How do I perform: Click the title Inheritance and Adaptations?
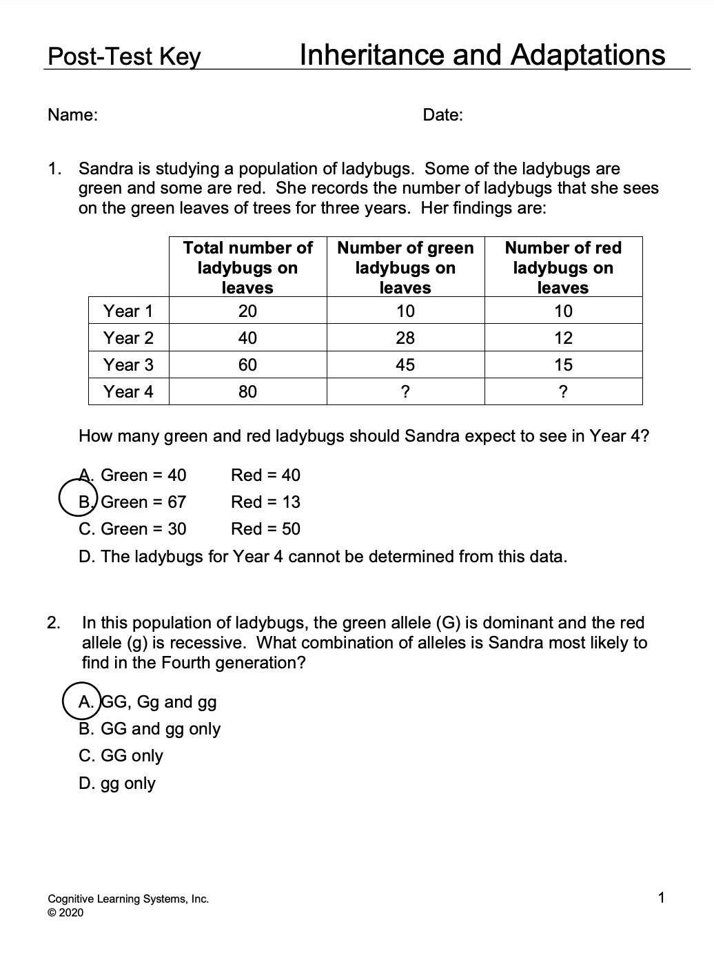[482, 54]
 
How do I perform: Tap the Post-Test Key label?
[124, 57]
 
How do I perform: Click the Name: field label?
[72, 115]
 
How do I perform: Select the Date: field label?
[442, 115]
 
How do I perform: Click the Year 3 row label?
[128, 364]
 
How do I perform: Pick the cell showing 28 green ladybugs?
[405, 338]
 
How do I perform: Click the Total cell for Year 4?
[247, 391]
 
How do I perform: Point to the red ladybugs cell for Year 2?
[563, 338]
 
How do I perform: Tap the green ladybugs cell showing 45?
[405, 364]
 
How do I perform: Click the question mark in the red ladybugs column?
[563, 391]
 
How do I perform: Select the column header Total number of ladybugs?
[247, 267]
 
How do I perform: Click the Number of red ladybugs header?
[563, 267]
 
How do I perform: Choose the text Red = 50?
[265, 528]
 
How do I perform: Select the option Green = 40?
[143, 475]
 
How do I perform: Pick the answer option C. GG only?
[121, 755]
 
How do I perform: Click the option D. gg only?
[117, 783]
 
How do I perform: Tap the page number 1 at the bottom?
[661, 897]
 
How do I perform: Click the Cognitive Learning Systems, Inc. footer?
[128, 898]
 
